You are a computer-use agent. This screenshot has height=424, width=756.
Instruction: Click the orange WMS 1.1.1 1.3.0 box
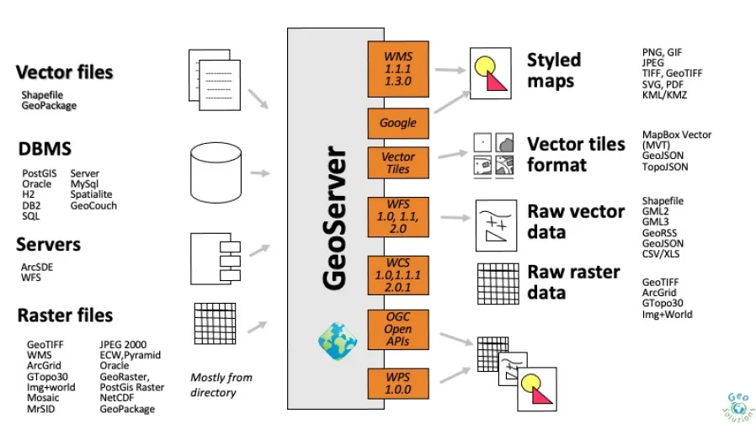[397, 69]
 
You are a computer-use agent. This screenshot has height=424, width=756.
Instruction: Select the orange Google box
[397, 124]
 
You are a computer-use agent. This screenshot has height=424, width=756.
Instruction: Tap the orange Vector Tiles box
[397, 163]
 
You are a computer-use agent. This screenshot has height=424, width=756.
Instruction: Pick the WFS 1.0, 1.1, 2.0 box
[397, 217]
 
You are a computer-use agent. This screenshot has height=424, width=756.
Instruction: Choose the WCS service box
[397, 275]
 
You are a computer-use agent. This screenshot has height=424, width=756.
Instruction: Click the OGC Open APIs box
[397, 329]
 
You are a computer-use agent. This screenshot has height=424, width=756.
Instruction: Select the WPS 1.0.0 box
[397, 384]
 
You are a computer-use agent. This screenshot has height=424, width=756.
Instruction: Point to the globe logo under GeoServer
[338, 341]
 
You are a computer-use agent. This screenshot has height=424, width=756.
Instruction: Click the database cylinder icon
[216, 172]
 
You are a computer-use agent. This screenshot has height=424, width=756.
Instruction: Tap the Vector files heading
[64, 72]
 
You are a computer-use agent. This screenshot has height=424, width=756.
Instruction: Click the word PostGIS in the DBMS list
[39, 173]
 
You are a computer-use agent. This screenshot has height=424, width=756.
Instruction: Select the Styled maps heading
[553, 71]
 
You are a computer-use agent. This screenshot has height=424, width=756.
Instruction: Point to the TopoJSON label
[665, 167]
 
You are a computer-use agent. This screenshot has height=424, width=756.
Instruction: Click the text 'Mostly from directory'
[221, 385]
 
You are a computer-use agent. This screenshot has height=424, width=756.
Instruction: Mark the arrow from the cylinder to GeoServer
[260, 173]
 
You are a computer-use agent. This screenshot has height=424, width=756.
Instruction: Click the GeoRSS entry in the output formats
[659, 233]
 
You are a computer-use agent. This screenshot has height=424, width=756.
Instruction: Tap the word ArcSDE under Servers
[37, 267]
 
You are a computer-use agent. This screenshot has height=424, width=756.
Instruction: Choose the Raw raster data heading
[573, 282]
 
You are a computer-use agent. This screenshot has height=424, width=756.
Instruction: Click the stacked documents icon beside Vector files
[215, 80]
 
